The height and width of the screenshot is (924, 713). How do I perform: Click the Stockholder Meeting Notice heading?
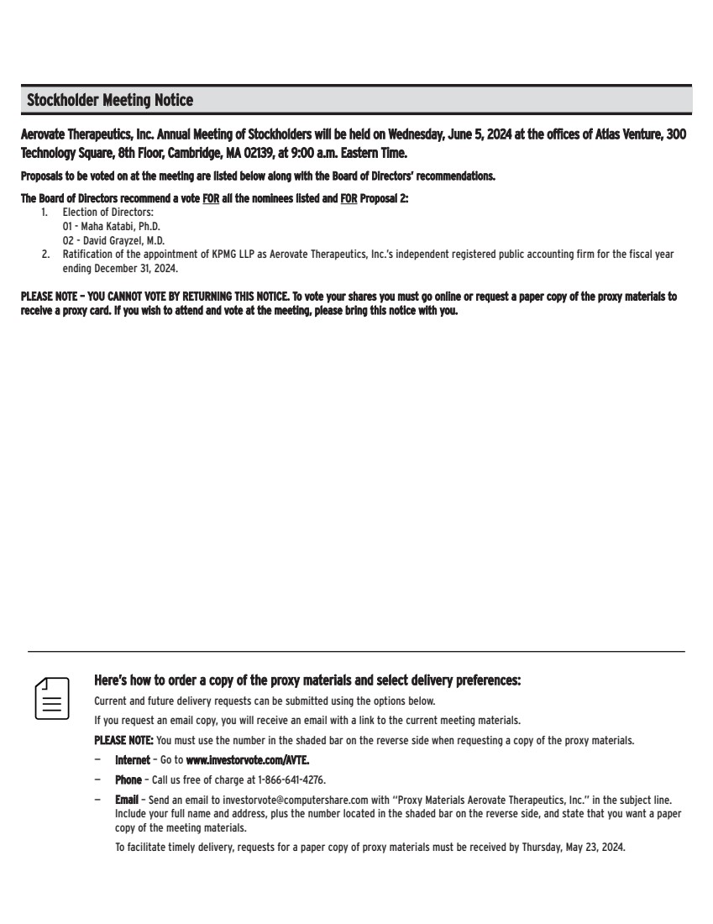tap(110, 101)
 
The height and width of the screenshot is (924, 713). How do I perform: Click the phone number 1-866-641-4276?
tap(291, 780)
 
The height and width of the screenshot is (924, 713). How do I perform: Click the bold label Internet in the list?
tap(133, 759)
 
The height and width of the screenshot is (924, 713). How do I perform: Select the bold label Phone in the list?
tap(128, 780)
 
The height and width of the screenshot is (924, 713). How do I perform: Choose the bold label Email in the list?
tap(127, 801)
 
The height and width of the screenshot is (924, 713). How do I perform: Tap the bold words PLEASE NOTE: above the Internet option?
tap(123, 740)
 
